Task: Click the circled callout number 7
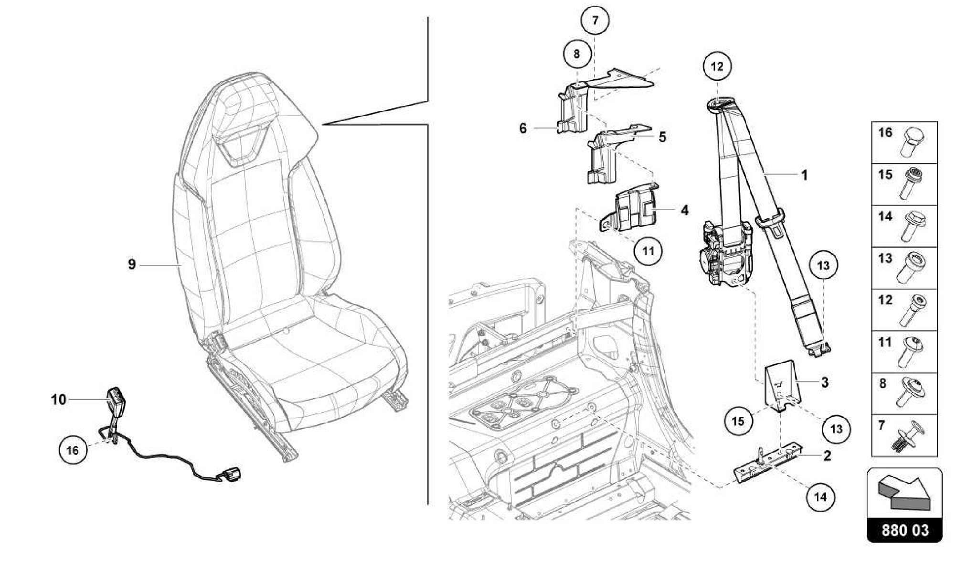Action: coord(595,21)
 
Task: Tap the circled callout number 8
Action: coord(576,54)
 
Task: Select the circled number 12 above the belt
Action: coord(717,66)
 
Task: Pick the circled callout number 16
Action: coord(72,450)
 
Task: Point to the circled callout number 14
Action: coord(820,497)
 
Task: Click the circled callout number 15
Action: coord(738,421)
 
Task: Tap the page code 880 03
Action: coord(904,531)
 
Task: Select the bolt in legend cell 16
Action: coord(913,142)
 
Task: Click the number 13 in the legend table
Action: coord(885,259)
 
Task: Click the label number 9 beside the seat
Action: coord(132,264)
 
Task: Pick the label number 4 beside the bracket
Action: coord(684,210)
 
